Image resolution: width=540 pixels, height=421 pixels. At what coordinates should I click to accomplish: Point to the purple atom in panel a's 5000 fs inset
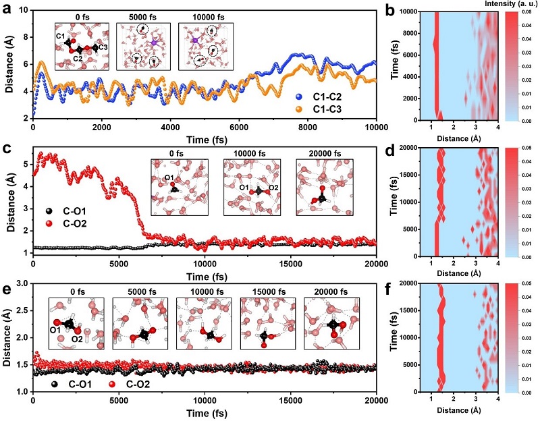(x=154, y=43)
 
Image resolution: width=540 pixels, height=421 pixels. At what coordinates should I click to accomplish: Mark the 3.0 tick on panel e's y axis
(x=23, y=283)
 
